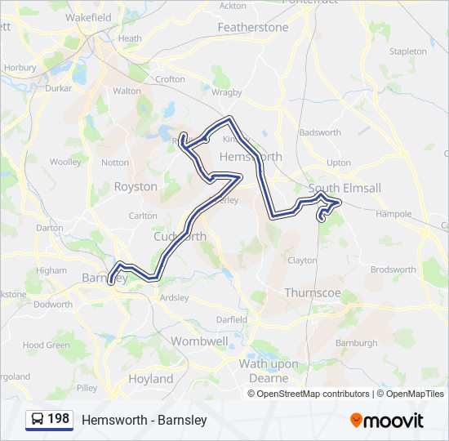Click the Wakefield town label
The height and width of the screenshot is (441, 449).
click(89, 16)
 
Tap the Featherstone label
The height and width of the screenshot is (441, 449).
click(253, 27)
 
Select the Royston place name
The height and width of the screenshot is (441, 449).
click(136, 186)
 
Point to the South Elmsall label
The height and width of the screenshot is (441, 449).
click(345, 188)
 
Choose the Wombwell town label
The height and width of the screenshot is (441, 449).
click(198, 340)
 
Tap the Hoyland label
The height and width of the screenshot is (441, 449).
click(151, 379)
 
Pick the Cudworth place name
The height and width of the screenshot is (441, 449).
click(180, 236)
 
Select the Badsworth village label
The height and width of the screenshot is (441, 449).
click(320, 132)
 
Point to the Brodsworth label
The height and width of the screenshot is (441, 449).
click(393, 269)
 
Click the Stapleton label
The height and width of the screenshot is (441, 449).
click(408, 51)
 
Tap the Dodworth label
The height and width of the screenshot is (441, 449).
click(53, 305)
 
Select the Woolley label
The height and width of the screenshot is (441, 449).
click(65, 162)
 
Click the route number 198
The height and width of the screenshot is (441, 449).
click(58, 419)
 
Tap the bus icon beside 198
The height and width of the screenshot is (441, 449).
click(38, 420)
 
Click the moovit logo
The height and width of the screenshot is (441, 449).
click(387, 420)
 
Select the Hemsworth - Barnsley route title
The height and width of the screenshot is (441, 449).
click(144, 420)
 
